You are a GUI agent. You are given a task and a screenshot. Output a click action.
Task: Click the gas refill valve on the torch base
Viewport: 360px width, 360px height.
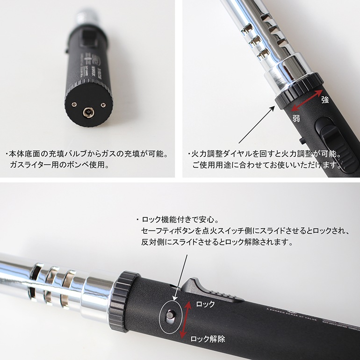[x=87, y=112]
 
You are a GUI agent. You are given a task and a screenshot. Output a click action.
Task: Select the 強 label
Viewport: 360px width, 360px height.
[x=324, y=100]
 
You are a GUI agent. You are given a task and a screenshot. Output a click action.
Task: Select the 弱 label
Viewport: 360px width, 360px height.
[x=296, y=119]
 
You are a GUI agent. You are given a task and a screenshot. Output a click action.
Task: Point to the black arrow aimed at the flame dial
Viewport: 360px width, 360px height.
[x=256, y=125]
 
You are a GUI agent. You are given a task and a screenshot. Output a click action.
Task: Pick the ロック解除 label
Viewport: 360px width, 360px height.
[x=208, y=339]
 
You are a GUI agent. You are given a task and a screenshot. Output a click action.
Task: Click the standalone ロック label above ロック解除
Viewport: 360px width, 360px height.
[x=205, y=304]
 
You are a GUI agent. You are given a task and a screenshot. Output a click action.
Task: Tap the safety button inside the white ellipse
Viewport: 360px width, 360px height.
[x=171, y=316]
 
